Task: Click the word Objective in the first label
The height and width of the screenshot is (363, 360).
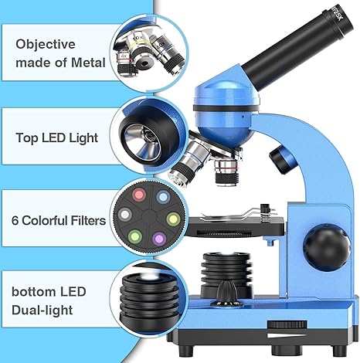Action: tap(46, 45)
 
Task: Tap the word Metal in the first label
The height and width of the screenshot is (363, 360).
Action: tap(88, 63)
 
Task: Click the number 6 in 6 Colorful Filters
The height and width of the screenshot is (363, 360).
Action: tap(15, 220)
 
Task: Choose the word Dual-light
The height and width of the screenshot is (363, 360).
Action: tap(42, 310)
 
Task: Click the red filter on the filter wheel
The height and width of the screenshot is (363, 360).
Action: tap(139, 195)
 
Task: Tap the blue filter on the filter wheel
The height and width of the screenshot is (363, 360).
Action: tap(163, 197)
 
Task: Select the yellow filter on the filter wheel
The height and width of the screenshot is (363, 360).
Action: tap(173, 219)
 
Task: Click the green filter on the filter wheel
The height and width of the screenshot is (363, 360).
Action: tap(135, 236)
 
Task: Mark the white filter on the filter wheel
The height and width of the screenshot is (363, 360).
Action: tap(125, 215)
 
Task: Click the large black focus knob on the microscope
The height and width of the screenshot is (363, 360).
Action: tap(327, 247)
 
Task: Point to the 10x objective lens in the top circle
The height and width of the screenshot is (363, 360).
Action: tap(141, 53)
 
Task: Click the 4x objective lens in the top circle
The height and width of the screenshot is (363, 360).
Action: tap(125, 64)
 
